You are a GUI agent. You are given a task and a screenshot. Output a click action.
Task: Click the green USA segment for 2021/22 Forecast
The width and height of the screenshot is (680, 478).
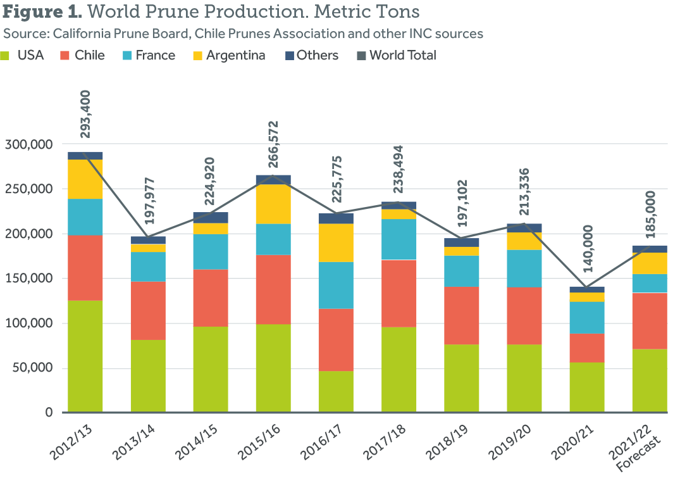[x=650, y=381]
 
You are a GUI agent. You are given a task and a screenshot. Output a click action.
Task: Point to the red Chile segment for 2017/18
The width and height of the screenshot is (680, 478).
[x=399, y=293]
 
